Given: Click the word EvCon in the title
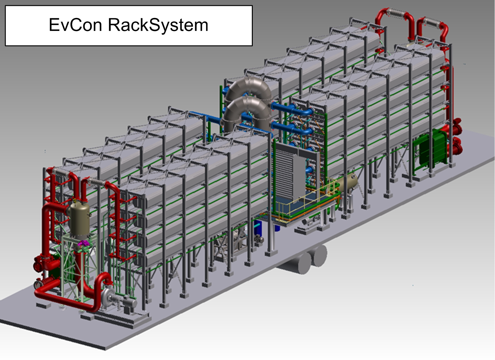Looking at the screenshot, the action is [75, 25].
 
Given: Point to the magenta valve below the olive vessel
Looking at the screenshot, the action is [84, 243].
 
